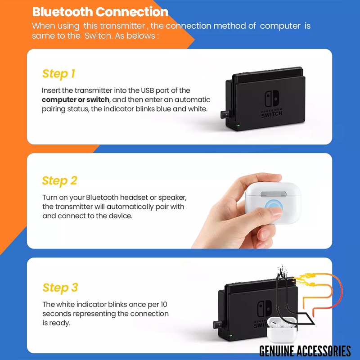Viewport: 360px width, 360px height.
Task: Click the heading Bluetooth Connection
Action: [x=100, y=12]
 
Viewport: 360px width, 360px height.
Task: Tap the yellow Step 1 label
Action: [x=58, y=74]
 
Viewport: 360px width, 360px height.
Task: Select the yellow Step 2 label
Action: [x=59, y=181]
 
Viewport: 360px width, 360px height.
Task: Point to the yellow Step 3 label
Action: [x=60, y=288]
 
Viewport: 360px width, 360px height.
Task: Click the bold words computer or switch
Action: [x=76, y=100]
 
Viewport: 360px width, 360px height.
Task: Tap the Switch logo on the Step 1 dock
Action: [x=272, y=99]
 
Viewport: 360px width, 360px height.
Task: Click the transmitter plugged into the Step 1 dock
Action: [x=226, y=114]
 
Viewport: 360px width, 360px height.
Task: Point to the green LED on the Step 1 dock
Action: [x=238, y=126]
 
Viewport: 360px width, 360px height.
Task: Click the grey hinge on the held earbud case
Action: [x=274, y=194]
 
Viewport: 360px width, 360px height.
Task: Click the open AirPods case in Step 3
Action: [x=282, y=329]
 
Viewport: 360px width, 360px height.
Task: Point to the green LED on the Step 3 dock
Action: [x=231, y=336]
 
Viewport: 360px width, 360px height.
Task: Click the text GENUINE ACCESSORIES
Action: [x=305, y=351]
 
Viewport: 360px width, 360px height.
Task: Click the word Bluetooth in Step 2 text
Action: [x=102, y=198]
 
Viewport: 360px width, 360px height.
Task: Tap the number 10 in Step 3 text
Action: [x=164, y=305]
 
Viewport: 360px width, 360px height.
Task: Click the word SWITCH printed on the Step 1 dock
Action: [x=272, y=114]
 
